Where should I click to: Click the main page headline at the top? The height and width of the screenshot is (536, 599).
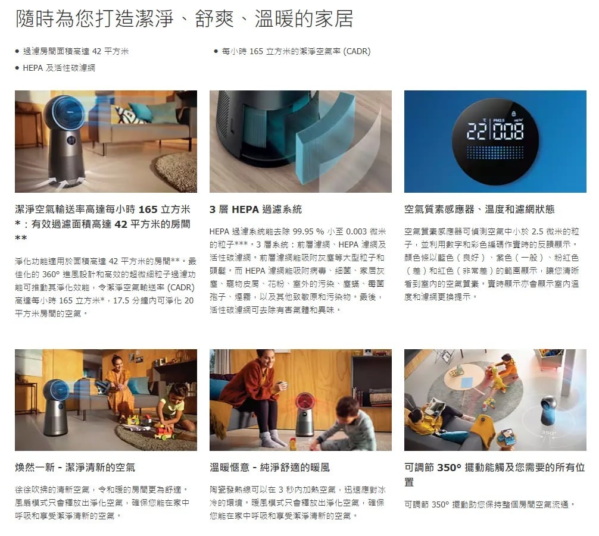click(184, 19)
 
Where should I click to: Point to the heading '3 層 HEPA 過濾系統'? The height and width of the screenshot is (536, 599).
click(255, 209)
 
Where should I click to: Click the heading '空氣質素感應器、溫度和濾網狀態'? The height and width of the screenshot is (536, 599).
click(479, 209)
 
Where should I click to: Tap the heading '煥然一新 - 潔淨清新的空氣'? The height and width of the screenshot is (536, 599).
click(75, 467)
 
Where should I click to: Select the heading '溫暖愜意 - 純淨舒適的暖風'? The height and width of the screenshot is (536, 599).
click(269, 467)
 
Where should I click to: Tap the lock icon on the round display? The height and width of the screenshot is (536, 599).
click(513, 114)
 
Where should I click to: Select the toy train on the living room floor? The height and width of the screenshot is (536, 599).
click(165, 431)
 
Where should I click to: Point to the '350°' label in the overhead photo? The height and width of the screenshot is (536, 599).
click(547, 432)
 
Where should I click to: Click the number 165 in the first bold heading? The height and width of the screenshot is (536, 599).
click(148, 209)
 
